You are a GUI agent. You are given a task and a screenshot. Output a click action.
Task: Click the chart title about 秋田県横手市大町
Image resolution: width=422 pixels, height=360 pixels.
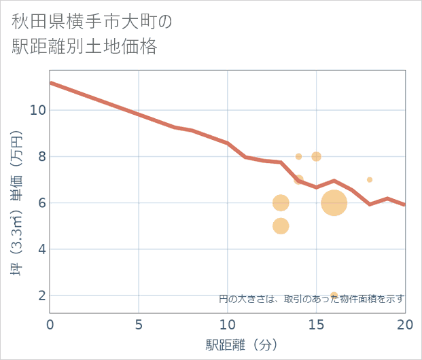(x=92, y=34)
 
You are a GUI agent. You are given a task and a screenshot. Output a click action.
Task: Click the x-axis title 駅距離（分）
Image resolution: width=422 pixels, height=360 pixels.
(x=242, y=344)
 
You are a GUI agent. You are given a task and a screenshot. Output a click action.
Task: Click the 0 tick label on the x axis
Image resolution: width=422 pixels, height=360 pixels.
(x=50, y=324)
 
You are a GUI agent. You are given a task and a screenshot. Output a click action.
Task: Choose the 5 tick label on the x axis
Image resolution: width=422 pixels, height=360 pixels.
(x=139, y=324)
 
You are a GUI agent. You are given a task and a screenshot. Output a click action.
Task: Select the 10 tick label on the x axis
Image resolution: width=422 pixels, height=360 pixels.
(x=228, y=324)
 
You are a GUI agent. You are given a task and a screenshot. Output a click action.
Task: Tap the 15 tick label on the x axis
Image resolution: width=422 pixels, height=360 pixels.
(x=316, y=324)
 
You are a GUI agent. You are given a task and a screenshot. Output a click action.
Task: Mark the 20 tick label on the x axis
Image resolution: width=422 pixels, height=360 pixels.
(x=405, y=324)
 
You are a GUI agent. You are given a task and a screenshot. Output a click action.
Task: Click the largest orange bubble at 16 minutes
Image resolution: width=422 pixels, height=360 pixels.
(x=334, y=202)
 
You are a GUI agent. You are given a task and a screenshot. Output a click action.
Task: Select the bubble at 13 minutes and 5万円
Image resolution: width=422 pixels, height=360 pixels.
(x=281, y=226)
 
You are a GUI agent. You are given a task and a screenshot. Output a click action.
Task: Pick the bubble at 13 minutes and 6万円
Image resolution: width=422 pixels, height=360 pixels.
(x=281, y=202)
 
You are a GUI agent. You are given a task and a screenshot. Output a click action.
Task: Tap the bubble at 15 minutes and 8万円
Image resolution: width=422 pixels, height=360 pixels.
(x=316, y=156)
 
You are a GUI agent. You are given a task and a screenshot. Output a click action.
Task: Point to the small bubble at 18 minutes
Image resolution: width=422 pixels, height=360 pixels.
(x=370, y=180)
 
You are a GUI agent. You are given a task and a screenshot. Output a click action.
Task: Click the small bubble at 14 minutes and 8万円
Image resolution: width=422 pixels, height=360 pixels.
(x=298, y=156)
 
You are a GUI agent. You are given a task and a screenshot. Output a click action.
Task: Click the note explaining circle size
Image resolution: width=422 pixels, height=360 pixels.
(x=311, y=298)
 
